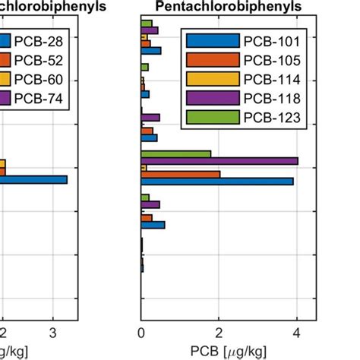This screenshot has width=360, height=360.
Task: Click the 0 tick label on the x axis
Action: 141,333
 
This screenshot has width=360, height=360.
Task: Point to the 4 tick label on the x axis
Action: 296,333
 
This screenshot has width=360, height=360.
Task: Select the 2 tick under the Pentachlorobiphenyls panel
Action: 219,333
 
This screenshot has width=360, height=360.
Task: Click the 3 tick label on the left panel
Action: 52,333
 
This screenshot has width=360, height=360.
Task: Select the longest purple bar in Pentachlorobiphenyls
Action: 219,161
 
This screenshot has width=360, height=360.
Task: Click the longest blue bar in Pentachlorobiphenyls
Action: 217,181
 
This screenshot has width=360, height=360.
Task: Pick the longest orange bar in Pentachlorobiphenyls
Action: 181,174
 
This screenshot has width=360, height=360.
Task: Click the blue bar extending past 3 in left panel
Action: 33,180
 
